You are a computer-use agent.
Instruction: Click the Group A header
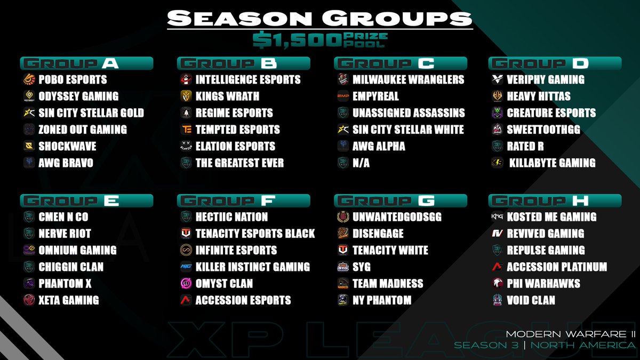[x=86, y=63]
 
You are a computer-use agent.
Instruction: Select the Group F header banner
[x=243, y=201]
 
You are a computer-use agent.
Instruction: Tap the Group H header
[x=555, y=201]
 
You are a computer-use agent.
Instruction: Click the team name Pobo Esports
[x=73, y=80]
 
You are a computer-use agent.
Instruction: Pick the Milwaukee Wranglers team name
[x=408, y=80]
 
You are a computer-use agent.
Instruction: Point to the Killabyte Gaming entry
[x=552, y=163]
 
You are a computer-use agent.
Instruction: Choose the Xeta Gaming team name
[x=69, y=300]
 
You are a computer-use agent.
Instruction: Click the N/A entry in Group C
[x=361, y=163]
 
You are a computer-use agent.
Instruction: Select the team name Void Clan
[x=531, y=300]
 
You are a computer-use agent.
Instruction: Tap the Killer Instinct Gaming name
[x=252, y=267]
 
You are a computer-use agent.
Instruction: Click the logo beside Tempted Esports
[x=186, y=130]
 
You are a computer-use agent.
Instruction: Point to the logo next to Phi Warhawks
[x=497, y=283]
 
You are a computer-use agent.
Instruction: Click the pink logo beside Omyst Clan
[x=186, y=283]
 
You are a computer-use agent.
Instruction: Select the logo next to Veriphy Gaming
[x=497, y=80]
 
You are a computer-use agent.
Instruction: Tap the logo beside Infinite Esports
[x=186, y=250]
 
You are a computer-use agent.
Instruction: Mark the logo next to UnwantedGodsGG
[x=343, y=217]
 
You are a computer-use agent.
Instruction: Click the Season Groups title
[x=319, y=18]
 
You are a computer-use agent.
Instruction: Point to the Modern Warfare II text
[x=570, y=334]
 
